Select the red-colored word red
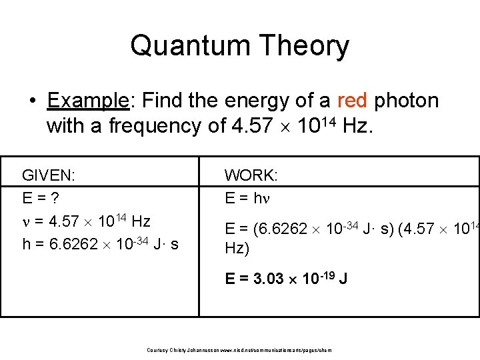(352, 101)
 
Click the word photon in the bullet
(406, 101)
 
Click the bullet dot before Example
(32, 101)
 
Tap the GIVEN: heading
(48, 175)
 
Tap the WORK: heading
(251, 175)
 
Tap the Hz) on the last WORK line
(237, 249)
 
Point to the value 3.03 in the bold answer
(270, 279)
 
